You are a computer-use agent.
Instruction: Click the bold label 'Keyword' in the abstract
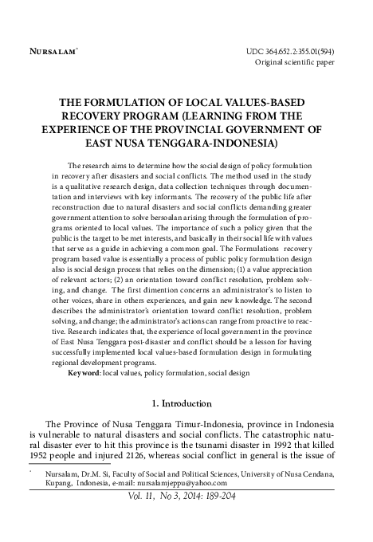84,372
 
